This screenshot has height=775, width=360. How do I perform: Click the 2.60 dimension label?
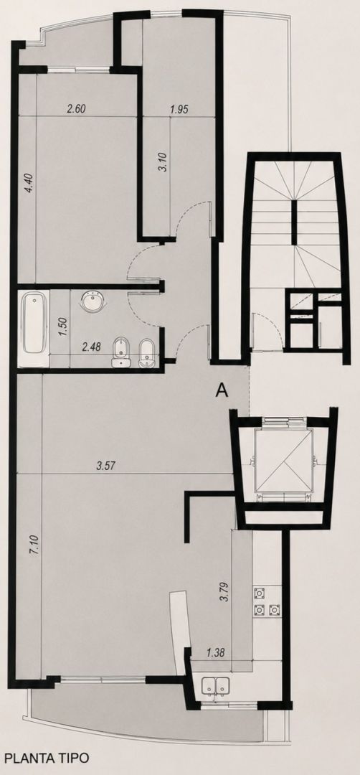point(77,109)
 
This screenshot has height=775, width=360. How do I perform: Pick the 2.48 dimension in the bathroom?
point(91,347)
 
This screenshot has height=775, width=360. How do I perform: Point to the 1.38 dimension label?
point(215,652)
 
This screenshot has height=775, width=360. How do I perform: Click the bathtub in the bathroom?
point(34,323)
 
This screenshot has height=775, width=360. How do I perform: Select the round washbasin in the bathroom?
point(92,301)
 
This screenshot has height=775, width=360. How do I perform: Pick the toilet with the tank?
point(120,353)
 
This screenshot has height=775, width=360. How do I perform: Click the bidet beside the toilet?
point(147,353)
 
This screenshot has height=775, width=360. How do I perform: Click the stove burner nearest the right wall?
point(274,609)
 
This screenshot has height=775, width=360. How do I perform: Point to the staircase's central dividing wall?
point(294,223)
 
